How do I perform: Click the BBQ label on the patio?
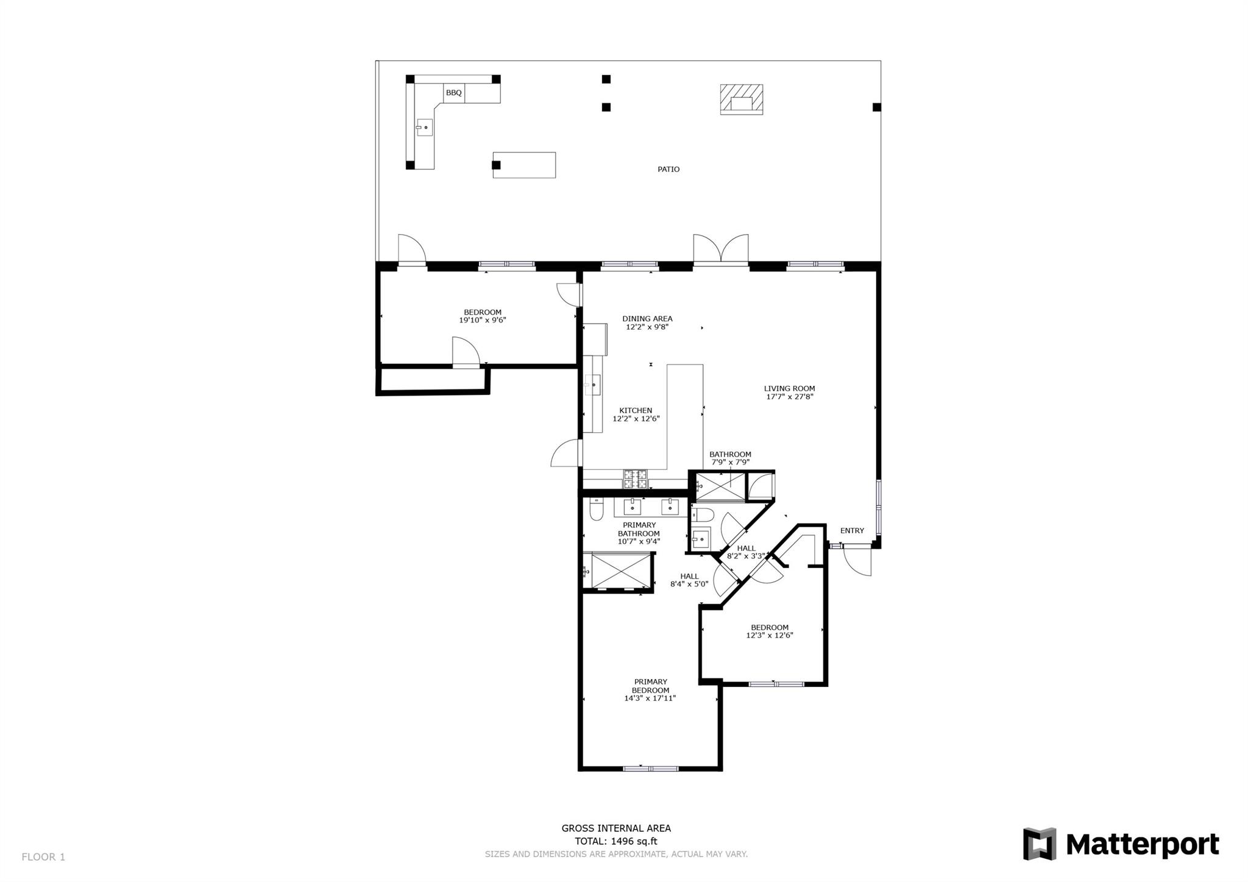coord(454,93)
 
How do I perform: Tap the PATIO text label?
coord(668,169)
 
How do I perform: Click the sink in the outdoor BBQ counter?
coord(424,127)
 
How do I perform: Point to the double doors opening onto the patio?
coord(721,250)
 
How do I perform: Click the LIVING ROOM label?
coord(790,388)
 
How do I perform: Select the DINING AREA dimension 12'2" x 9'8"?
coord(647,327)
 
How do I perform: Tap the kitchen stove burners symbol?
coord(635,479)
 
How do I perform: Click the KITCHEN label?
coord(636,411)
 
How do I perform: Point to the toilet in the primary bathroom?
coord(596,510)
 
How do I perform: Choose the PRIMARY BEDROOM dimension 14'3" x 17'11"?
coord(650,699)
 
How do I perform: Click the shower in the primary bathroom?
coord(617,571)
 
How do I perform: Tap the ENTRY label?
coord(852,531)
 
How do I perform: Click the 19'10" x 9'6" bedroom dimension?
coord(483,320)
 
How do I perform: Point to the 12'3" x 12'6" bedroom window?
coord(776,684)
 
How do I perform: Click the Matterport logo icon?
coord(1039,844)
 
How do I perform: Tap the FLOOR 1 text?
coord(43,857)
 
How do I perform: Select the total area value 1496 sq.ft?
coord(634,842)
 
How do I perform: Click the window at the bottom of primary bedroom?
coord(650,769)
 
